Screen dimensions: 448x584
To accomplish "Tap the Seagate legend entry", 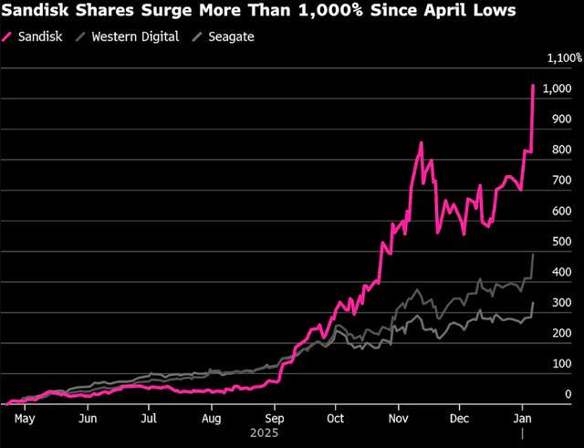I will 231,37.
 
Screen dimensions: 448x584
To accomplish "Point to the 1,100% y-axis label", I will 564,58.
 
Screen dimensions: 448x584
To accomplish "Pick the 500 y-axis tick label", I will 561,242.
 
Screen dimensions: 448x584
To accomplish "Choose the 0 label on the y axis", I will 568,394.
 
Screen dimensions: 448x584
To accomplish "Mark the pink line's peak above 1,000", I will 533,86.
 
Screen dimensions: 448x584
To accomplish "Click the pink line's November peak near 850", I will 421,142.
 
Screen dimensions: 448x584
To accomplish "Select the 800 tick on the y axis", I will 561,151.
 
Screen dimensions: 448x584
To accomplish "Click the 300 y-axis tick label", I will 561,303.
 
